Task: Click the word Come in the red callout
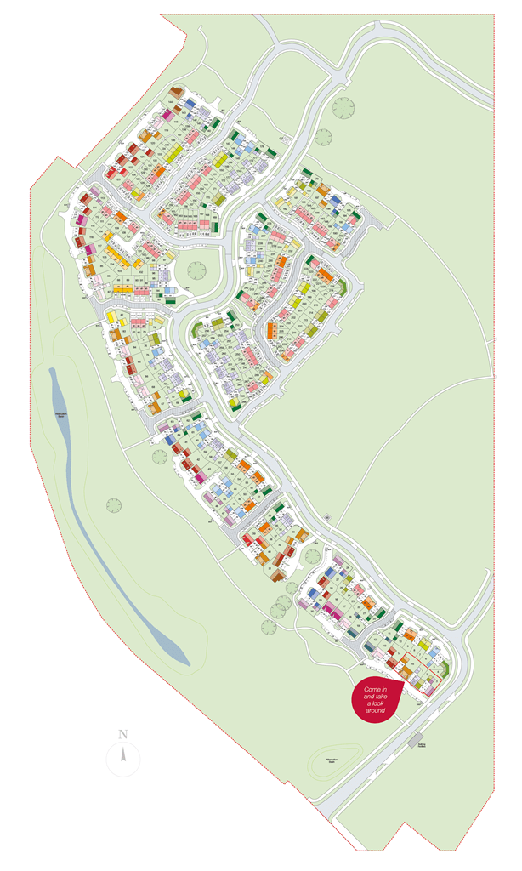tap(371, 688)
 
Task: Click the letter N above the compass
tap(123, 733)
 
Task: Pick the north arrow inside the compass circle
tap(123, 754)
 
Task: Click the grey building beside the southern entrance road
tap(416, 738)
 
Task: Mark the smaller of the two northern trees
tap(322, 135)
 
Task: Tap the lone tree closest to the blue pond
tap(114, 504)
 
